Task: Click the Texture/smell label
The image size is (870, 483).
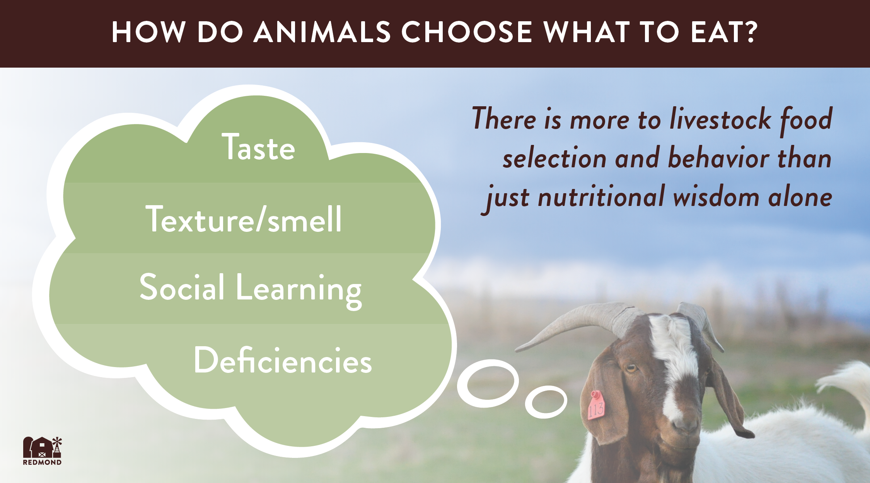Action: (x=244, y=219)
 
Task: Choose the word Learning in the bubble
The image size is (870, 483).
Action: (x=299, y=290)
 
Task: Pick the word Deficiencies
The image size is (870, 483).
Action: (x=283, y=360)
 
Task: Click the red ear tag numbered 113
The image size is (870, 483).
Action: (x=596, y=406)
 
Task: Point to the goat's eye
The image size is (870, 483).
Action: (x=631, y=368)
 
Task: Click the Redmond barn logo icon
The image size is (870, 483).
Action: (x=42, y=447)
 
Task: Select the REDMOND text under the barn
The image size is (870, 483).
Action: (x=42, y=463)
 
